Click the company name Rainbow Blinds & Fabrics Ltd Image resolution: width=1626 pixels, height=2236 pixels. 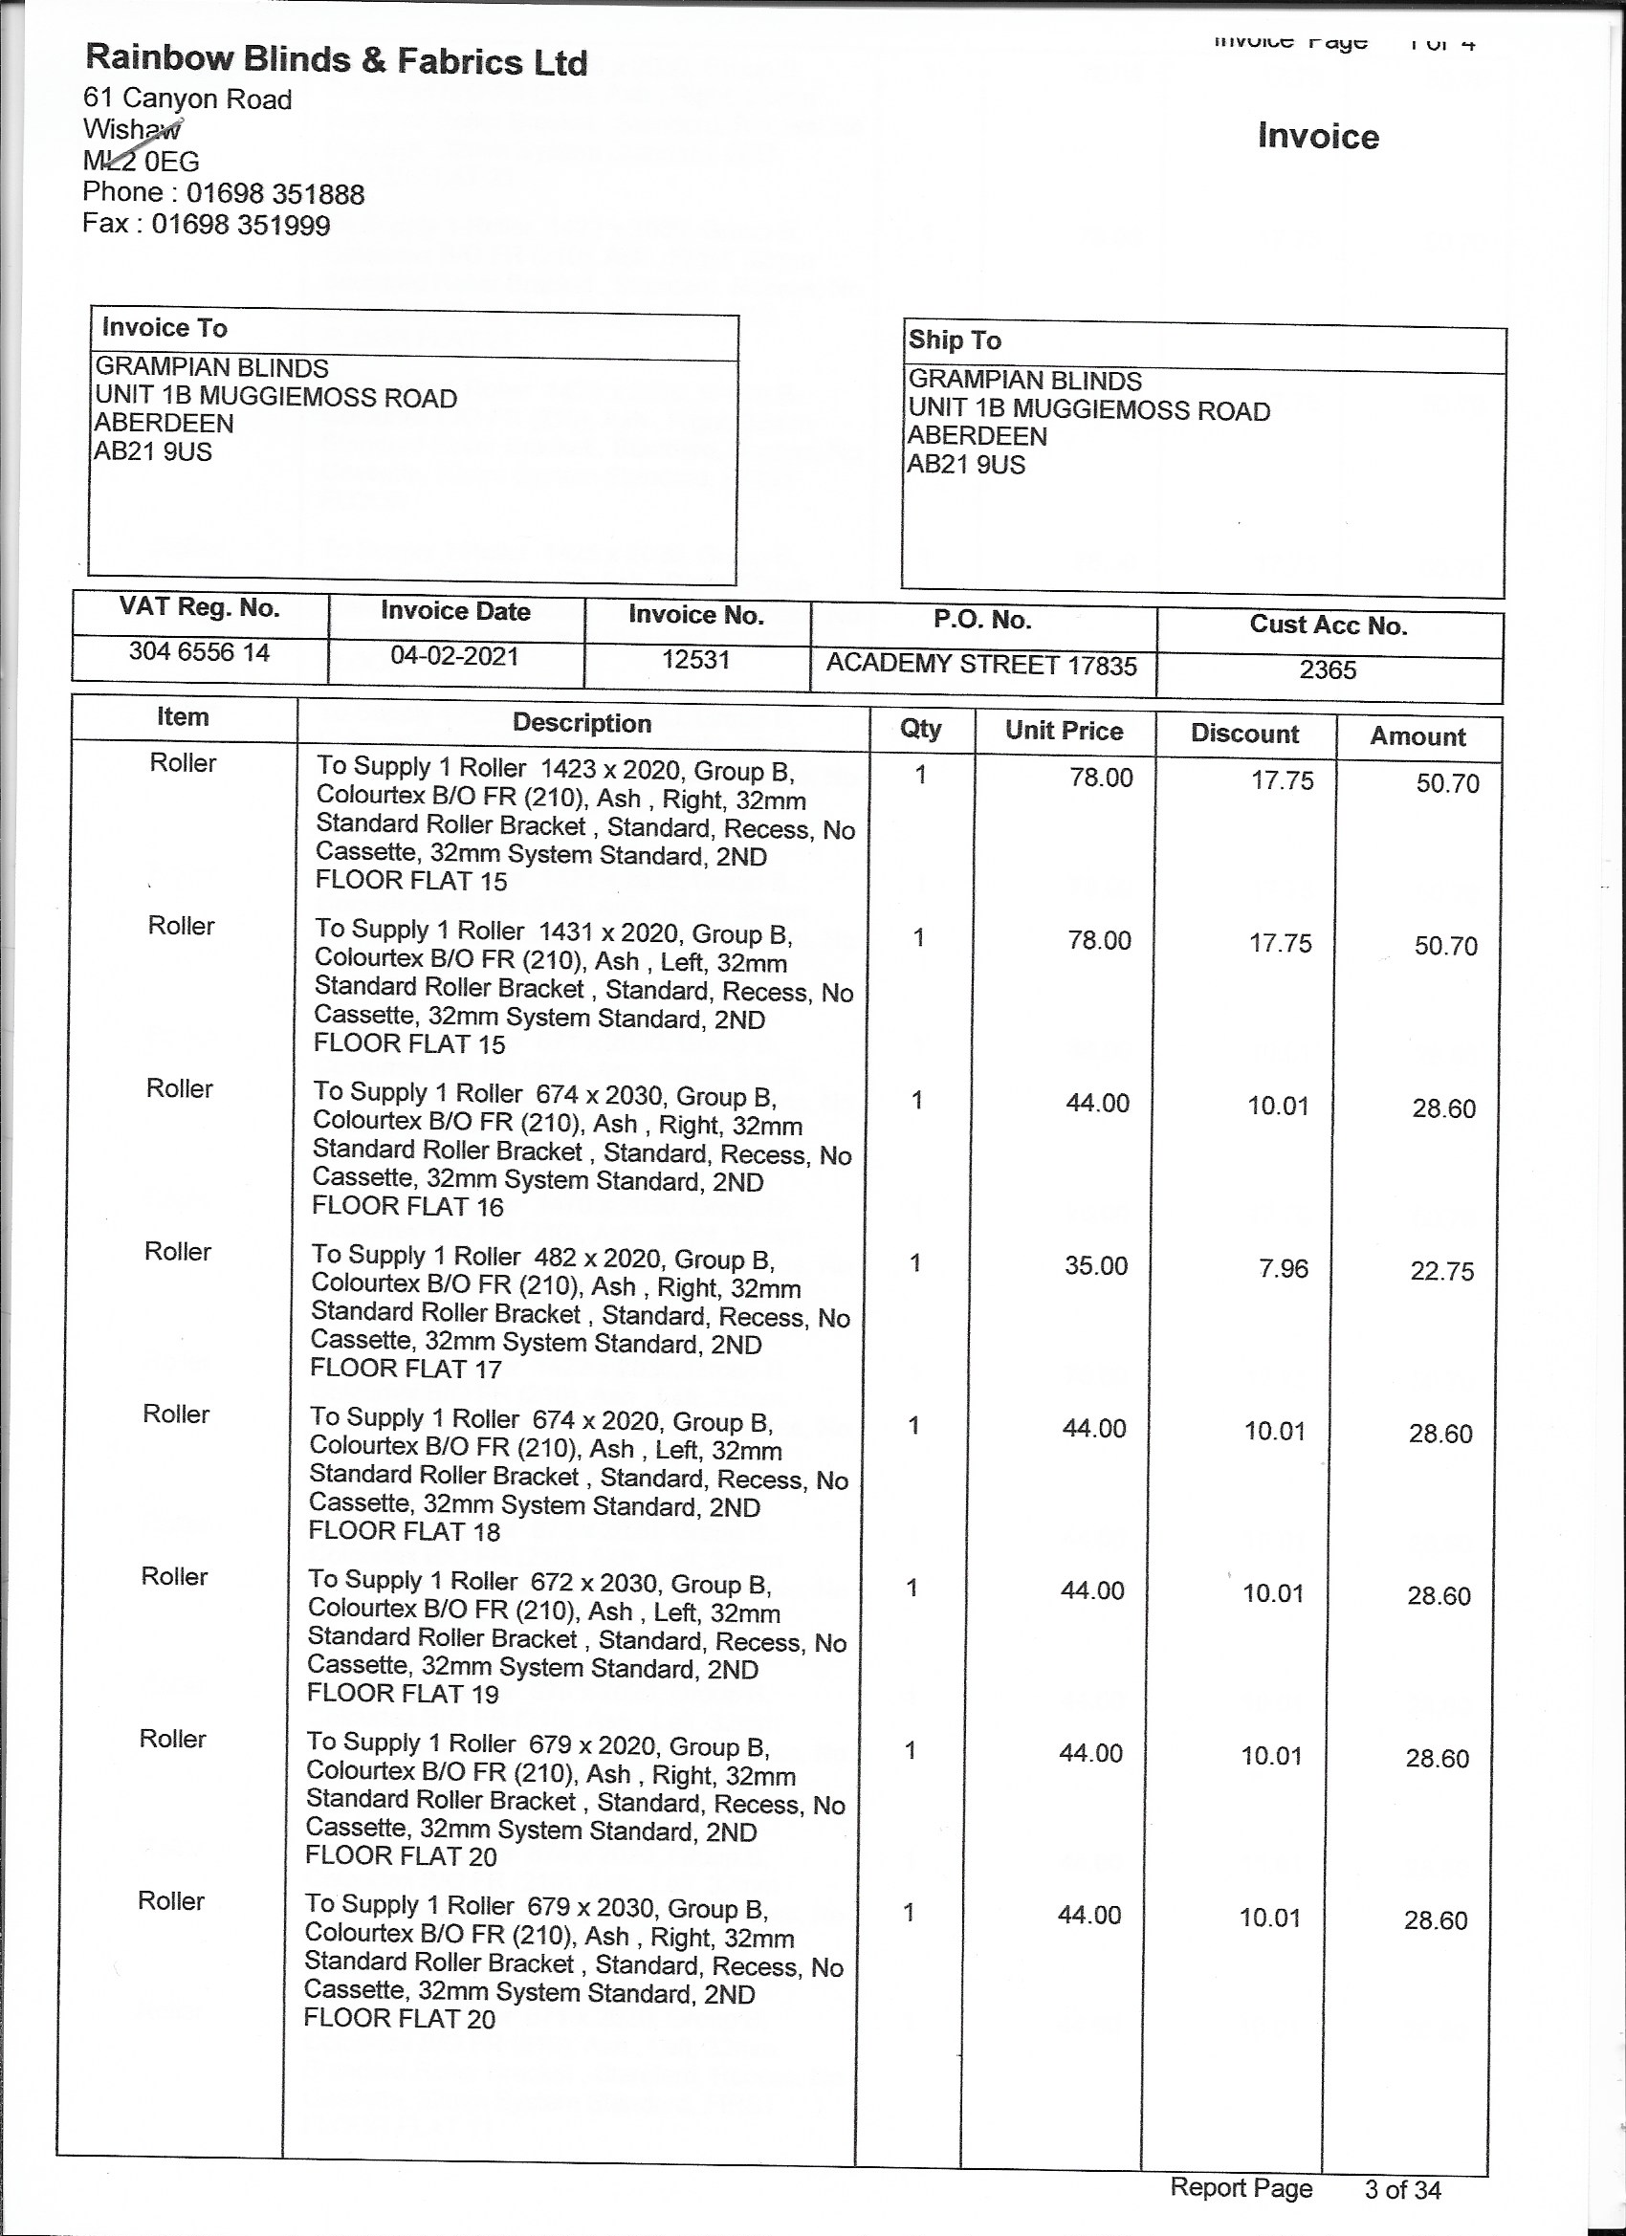click(x=337, y=60)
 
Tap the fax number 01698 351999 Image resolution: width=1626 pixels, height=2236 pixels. click(x=241, y=225)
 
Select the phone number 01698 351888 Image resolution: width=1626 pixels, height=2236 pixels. click(x=275, y=193)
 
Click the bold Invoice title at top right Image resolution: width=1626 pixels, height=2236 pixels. click(x=1317, y=137)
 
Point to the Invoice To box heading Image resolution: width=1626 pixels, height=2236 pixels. click(x=165, y=328)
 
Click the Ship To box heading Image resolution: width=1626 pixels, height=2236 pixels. click(x=954, y=340)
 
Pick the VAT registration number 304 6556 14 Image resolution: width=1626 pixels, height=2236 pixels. click(x=199, y=652)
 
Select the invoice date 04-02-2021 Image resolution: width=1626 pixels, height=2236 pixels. click(x=454, y=657)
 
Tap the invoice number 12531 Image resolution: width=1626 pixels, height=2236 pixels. click(x=695, y=660)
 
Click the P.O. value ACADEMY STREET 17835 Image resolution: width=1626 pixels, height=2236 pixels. click(x=981, y=665)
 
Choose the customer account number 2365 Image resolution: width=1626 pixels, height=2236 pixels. click(x=1328, y=670)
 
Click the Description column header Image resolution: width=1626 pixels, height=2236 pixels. click(x=582, y=724)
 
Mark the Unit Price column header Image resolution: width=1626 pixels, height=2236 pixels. click(x=1064, y=731)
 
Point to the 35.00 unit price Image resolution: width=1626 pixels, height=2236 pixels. click(x=1095, y=1266)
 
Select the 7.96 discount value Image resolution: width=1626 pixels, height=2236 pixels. click(x=1283, y=1269)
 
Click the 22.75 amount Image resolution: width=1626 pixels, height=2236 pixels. click(x=1441, y=1272)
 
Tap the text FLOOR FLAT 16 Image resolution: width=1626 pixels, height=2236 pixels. click(x=407, y=1207)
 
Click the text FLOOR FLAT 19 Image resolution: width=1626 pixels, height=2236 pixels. click(x=403, y=1694)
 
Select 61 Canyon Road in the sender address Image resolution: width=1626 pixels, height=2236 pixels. click(x=187, y=99)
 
